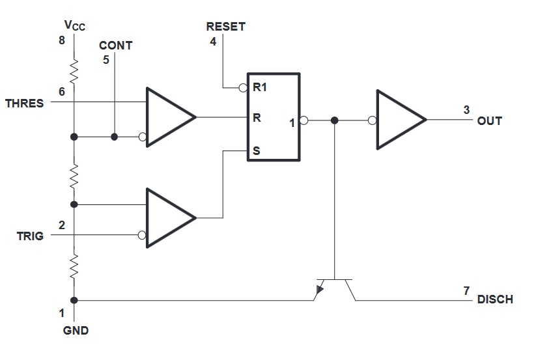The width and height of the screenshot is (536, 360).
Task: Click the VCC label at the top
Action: pyautogui.click(x=74, y=25)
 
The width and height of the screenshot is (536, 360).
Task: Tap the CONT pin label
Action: pyautogui.click(x=115, y=46)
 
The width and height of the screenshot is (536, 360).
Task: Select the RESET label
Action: pyautogui.click(x=225, y=27)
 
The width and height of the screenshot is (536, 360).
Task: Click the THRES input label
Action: pyautogui.click(x=24, y=103)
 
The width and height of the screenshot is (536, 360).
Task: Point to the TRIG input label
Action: pyautogui.click(x=30, y=236)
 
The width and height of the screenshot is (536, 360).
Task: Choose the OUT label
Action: pyautogui.click(x=490, y=121)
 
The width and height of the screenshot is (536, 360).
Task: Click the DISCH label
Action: pyautogui.click(x=495, y=299)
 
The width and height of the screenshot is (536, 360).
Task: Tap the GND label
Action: pyautogui.click(x=76, y=330)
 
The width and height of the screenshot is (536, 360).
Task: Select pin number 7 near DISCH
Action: pyautogui.click(x=466, y=290)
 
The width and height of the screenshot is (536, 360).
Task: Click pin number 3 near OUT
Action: pyautogui.click(x=466, y=109)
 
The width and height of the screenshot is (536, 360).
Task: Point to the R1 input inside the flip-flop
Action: pyautogui.click(x=259, y=87)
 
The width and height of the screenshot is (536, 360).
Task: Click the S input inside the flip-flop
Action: pyautogui.click(x=257, y=150)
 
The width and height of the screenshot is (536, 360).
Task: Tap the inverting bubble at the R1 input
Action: pyautogui.click(x=243, y=88)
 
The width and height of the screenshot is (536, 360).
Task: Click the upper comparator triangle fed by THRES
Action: pyautogui.click(x=167, y=117)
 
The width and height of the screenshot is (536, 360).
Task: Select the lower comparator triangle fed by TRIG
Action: pyautogui.click(x=167, y=217)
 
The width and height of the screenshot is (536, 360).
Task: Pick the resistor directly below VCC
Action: pyautogui.click(x=74, y=71)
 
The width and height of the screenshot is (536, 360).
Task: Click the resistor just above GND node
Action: pyautogui.click(x=74, y=266)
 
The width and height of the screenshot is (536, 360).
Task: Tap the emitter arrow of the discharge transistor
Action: pyautogui.click(x=320, y=290)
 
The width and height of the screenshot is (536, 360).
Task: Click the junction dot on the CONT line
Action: pyautogui.click(x=115, y=137)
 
